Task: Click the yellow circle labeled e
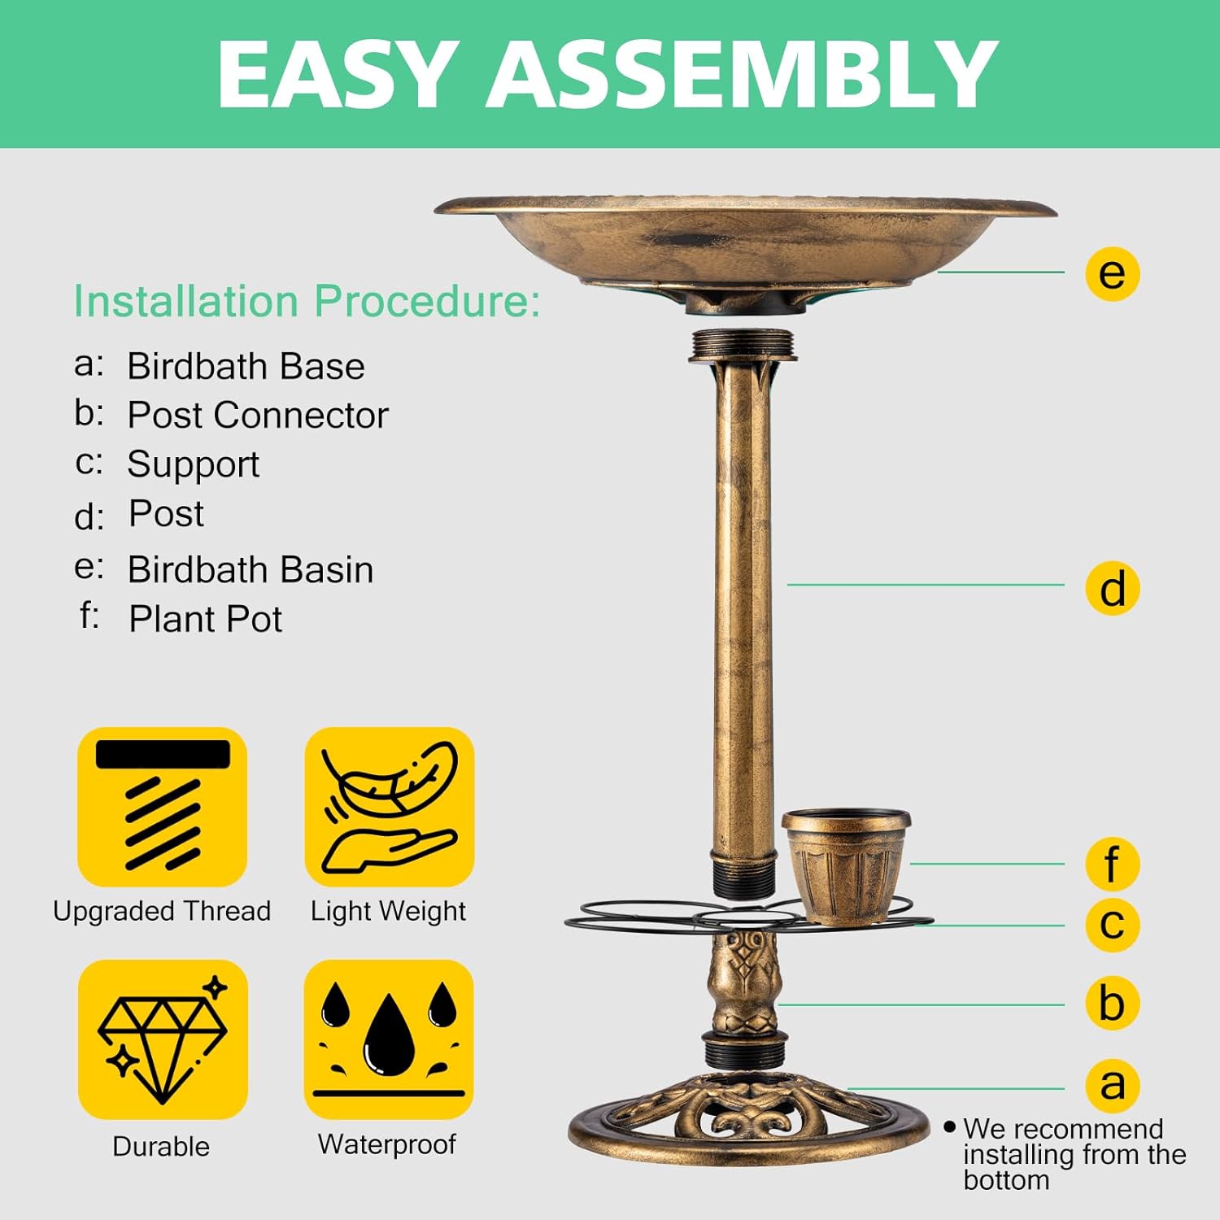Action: coord(1112,273)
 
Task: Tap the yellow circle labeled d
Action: coord(1112,588)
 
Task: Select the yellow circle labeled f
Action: coord(1112,864)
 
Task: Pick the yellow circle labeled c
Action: coord(1112,924)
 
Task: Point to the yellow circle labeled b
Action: coord(1112,1003)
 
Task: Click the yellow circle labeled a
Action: coord(1112,1085)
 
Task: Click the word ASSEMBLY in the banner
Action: coord(741,75)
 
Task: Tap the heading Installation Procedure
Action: coord(307,301)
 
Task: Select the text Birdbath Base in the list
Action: coord(246,366)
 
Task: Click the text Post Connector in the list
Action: coord(258,415)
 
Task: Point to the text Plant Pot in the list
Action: coord(205,619)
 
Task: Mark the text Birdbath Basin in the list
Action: coord(251,569)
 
